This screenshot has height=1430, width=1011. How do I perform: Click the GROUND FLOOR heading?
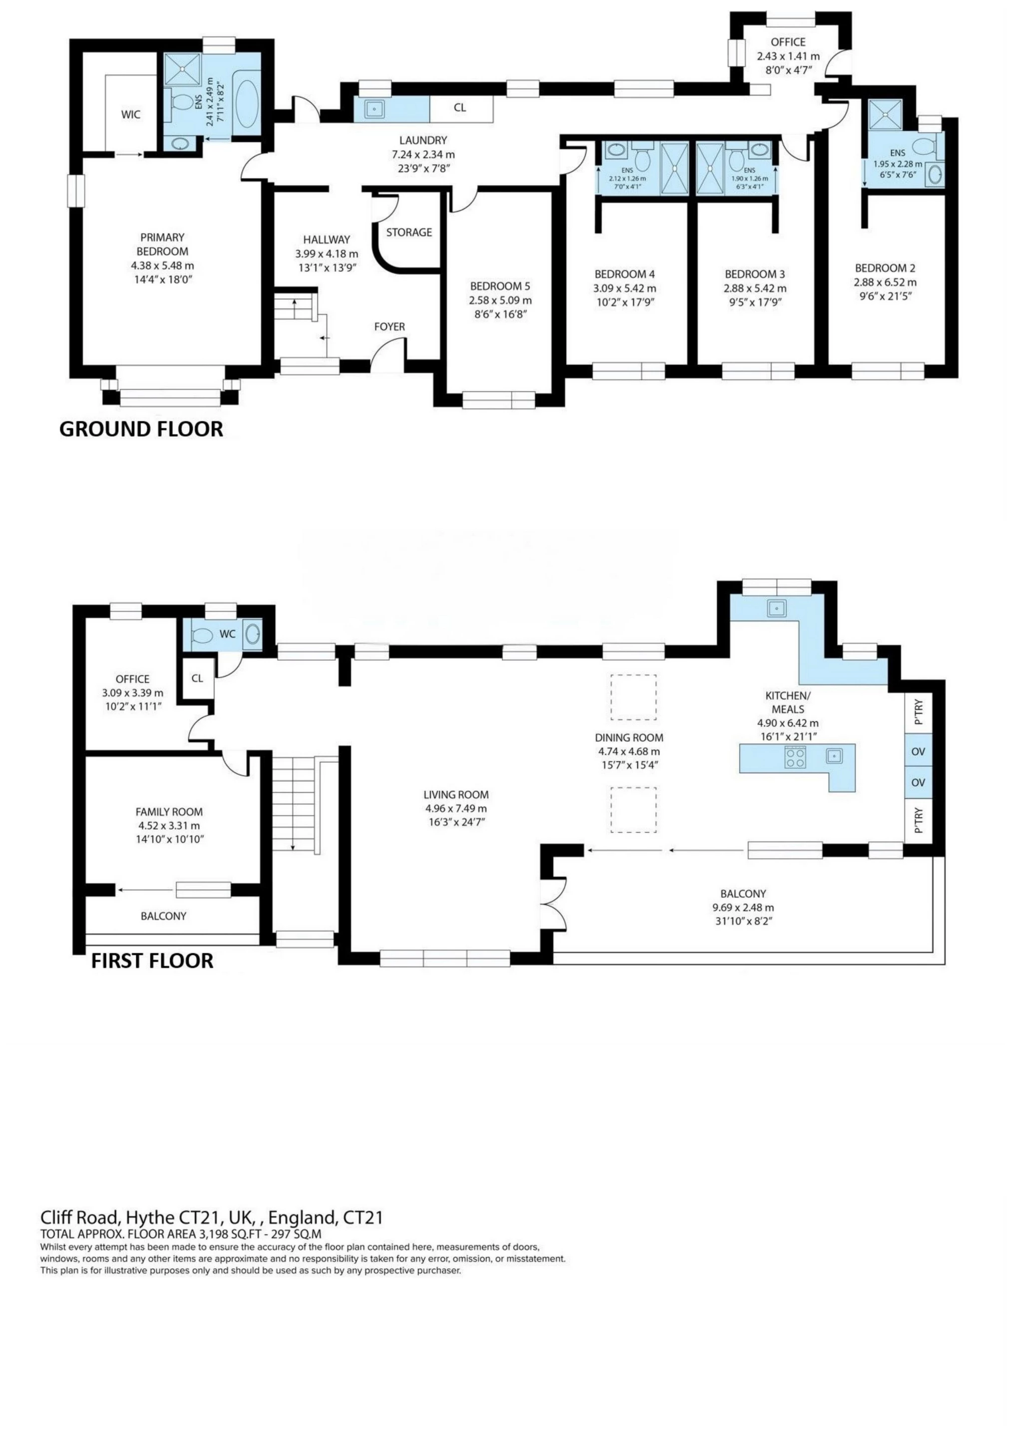coord(141,428)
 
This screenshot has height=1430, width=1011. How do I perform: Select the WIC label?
coord(131,115)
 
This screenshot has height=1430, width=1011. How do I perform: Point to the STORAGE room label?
coord(408,232)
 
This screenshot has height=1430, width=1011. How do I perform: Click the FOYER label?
coord(389,327)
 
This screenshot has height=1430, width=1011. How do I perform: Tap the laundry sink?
coord(374,109)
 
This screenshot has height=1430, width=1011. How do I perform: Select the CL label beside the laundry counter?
coord(460,108)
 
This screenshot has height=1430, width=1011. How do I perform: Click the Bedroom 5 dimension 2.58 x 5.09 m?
coord(500,300)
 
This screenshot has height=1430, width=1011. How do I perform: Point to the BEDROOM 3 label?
coord(754,274)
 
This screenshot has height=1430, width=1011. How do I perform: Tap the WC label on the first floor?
coord(227,634)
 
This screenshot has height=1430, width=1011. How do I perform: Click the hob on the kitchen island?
coord(795,757)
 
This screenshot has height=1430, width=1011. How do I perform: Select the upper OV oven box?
coord(918,752)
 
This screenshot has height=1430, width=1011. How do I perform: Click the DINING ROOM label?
coord(629,737)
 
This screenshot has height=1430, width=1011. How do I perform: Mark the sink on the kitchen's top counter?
coord(776,607)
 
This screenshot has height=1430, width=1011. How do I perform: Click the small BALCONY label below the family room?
coord(163,916)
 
